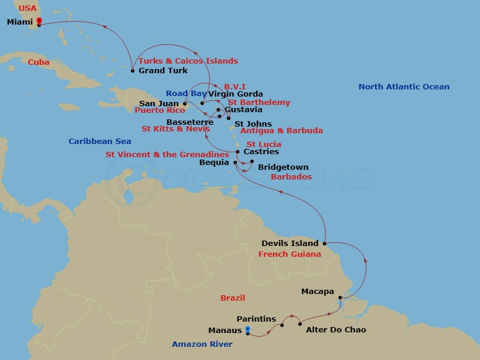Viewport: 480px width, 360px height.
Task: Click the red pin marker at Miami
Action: coord(39,22)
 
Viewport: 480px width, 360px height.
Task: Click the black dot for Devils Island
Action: coord(325,244)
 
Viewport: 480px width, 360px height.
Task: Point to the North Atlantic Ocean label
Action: coord(404,87)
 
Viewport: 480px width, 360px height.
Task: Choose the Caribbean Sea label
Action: coord(100,142)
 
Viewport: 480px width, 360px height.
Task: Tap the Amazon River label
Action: coord(202,344)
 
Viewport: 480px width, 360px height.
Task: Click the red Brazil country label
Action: coord(233,298)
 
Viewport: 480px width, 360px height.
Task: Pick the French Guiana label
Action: coord(290,254)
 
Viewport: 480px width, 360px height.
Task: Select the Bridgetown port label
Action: coord(283,167)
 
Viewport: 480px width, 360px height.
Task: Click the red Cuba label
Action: coord(39,62)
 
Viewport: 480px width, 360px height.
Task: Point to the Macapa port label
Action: coord(317,292)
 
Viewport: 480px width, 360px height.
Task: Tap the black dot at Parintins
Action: coord(282,325)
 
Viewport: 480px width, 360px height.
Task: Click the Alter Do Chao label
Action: coord(336,330)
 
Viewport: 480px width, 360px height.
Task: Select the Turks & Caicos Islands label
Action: coord(188,61)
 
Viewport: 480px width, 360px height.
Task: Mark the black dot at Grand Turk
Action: coord(133,71)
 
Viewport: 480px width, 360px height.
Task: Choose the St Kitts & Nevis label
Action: coord(176,129)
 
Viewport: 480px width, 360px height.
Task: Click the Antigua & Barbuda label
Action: coord(281,131)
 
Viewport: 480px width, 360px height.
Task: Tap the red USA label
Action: coord(28,8)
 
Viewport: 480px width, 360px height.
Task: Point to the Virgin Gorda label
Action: coord(236,94)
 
